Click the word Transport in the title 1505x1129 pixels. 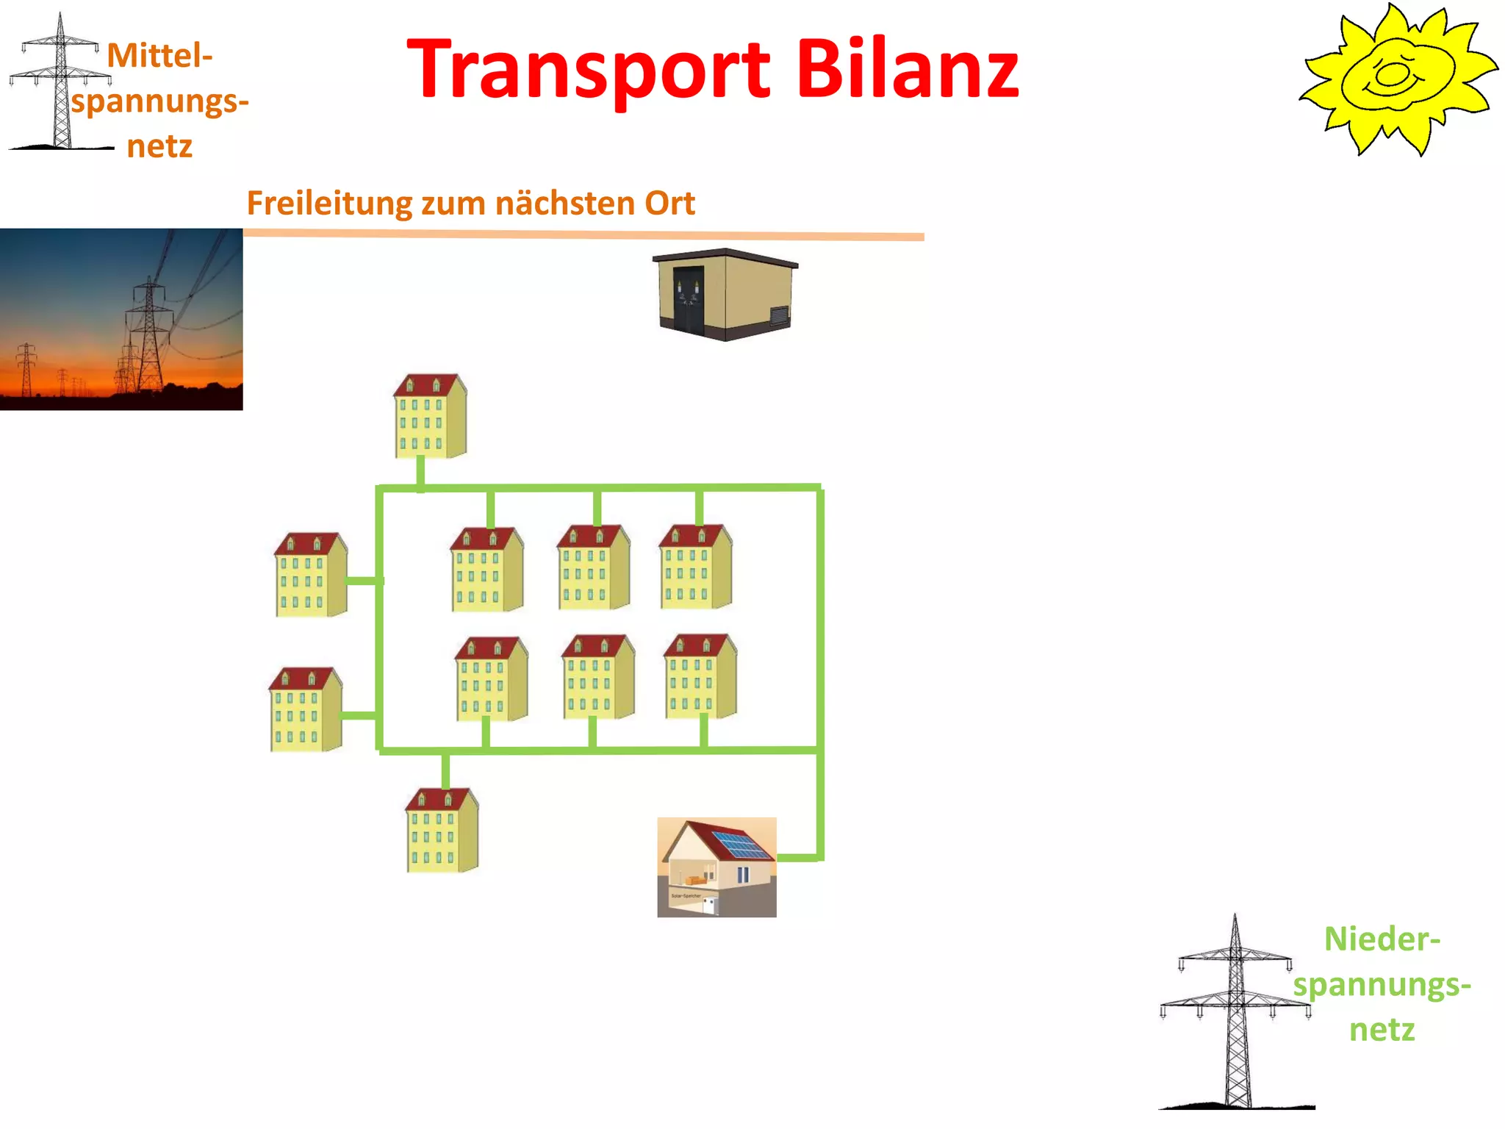click(588, 70)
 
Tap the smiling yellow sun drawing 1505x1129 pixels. click(1396, 79)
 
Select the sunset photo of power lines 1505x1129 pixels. click(121, 319)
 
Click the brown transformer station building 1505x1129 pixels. click(725, 295)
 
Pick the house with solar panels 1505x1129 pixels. click(716, 867)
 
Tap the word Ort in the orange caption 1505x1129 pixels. click(669, 204)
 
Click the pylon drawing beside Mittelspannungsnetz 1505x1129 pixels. click(60, 85)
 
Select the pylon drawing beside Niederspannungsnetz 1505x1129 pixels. click(1236, 1014)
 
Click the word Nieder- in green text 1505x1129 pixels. click(1382, 939)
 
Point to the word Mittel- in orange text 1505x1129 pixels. click(159, 56)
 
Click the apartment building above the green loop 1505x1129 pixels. click(430, 416)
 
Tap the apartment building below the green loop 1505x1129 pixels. click(442, 831)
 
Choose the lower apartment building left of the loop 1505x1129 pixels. click(305, 709)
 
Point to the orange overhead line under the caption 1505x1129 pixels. click(583, 235)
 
